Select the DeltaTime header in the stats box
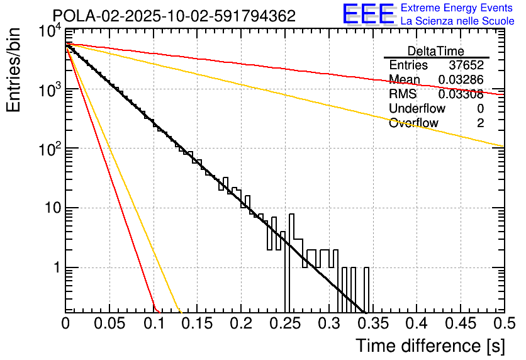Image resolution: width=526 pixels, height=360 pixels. point(435,51)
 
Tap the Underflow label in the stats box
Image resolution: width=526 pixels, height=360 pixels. point(412,109)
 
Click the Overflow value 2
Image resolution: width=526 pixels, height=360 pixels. point(480,123)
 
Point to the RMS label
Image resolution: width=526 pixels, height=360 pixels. point(403,94)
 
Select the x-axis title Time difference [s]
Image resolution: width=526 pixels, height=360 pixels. point(430,346)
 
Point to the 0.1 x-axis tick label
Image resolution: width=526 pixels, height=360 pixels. point(153,324)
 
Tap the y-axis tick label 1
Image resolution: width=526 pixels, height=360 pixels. point(55,268)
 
